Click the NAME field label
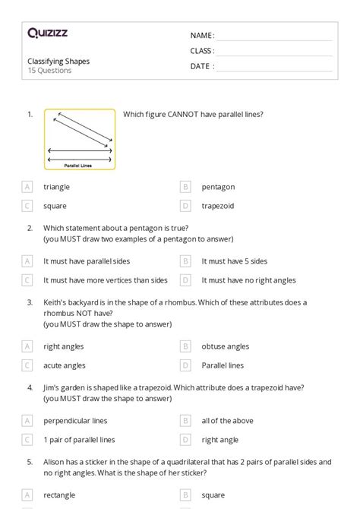click(x=202, y=36)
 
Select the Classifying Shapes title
click(x=58, y=61)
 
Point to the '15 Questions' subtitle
click(x=50, y=71)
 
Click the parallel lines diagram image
click(x=80, y=139)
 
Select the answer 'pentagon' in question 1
click(x=218, y=187)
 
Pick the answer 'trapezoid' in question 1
click(x=218, y=205)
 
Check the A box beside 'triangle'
click(x=27, y=187)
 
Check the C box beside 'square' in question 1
click(x=27, y=205)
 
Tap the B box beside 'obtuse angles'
click(x=185, y=346)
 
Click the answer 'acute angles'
click(x=65, y=365)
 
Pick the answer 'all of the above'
click(x=227, y=421)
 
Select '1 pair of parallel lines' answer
click(x=79, y=439)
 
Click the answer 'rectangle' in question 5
click(x=59, y=495)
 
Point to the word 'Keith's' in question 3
click(x=55, y=302)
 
